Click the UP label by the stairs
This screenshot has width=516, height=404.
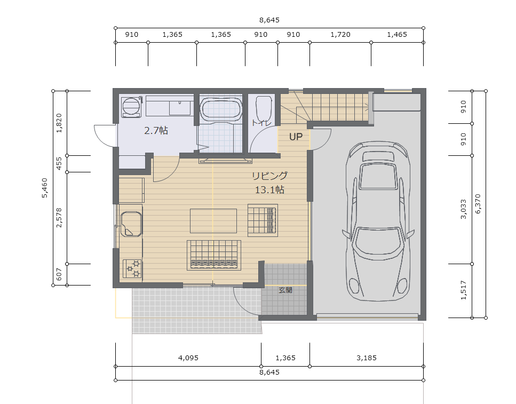click(296, 137)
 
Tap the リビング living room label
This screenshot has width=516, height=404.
click(269, 176)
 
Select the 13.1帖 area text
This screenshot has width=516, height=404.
click(269, 189)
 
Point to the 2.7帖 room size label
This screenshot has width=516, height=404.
click(156, 131)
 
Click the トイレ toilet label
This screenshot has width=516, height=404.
click(261, 123)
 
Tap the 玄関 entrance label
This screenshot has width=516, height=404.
click(285, 290)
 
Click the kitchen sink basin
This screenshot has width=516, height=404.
click(131, 224)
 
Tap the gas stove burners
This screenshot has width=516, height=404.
click(132, 268)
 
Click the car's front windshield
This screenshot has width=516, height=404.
click(378, 243)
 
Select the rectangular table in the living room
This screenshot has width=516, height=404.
click(213, 220)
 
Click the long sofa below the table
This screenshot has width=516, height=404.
click(214, 255)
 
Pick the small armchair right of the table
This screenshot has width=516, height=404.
click(263, 220)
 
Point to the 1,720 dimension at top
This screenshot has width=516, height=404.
click(340, 35)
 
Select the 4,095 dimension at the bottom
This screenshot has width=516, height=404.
click(188, 358)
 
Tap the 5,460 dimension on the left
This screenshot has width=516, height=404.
click(44, 188)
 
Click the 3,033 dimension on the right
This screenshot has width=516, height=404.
click(463, 209)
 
